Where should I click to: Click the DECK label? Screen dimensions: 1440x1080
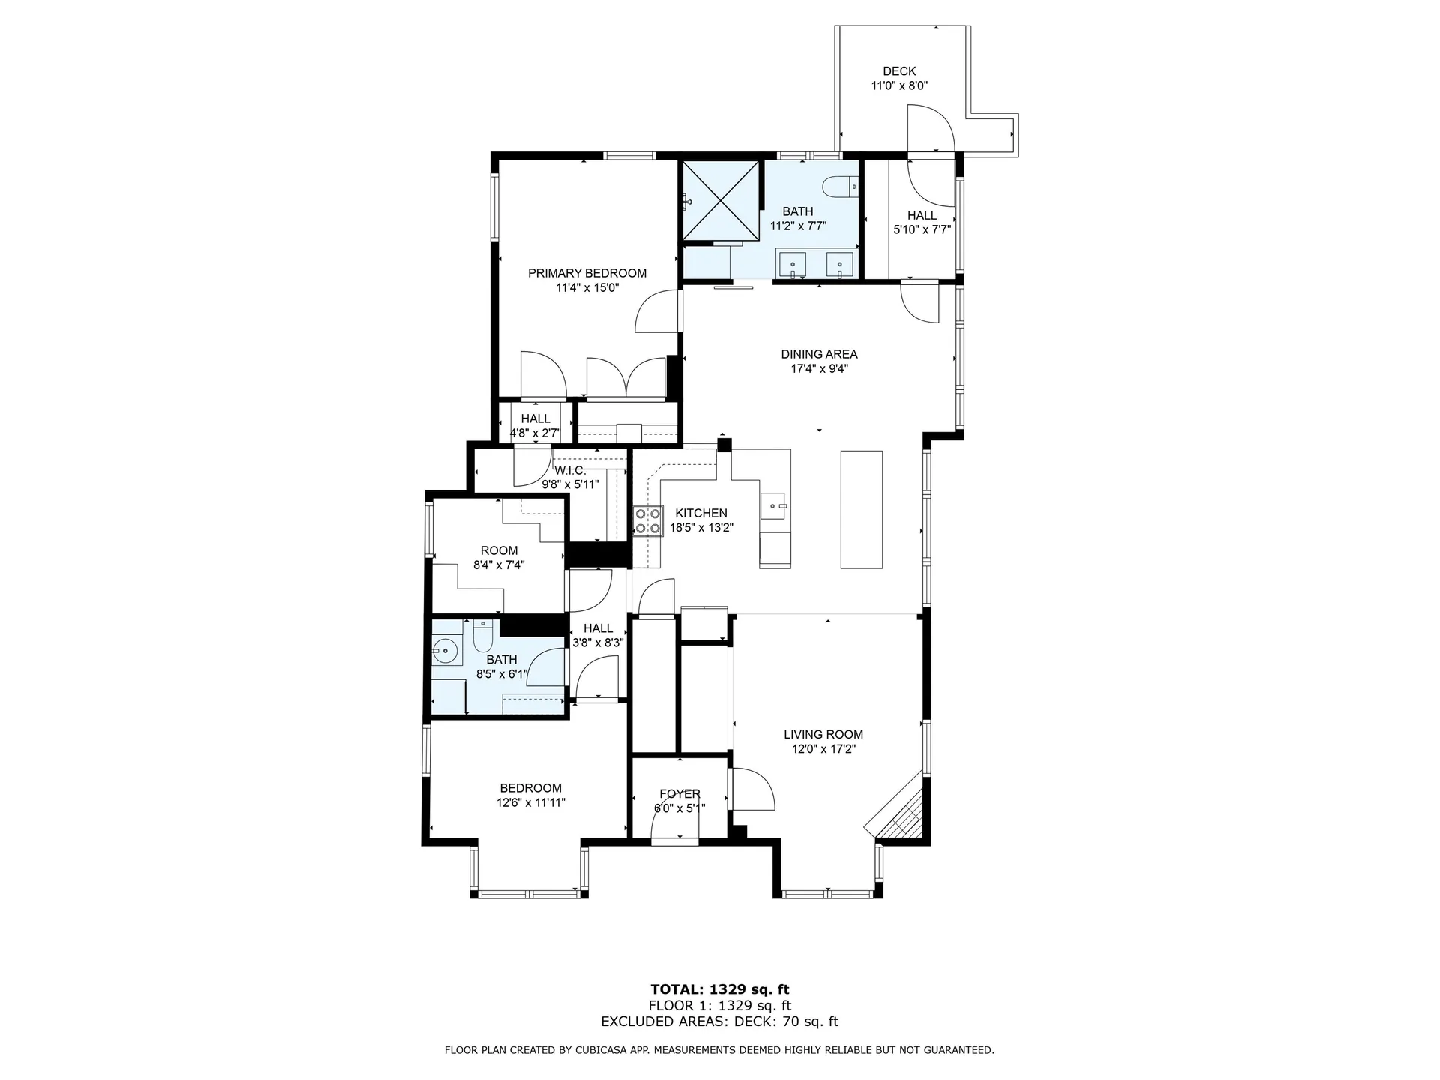[899, 71]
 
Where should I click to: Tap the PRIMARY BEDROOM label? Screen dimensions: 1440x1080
[587, 273]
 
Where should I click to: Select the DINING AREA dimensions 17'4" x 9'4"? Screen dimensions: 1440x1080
[819, 368]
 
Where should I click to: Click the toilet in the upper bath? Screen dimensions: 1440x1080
[840, 185]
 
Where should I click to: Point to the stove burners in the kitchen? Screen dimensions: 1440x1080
[648, 522]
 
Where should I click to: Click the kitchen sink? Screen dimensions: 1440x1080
[773, 506]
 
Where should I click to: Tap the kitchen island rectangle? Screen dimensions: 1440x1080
[861, 509]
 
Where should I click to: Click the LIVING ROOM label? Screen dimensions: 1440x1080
[823, 735]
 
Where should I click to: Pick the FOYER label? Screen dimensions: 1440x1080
[679, 794]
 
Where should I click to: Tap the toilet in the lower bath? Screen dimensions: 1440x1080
[482, 637]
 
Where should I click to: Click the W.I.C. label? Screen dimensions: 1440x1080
[570, 471]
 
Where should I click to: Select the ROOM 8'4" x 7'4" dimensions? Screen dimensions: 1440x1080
[499, 565]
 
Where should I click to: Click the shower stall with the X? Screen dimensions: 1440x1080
[718, 201]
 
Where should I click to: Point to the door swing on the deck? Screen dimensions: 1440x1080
[930, 128]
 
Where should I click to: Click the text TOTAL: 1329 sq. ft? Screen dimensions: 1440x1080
[720, 989]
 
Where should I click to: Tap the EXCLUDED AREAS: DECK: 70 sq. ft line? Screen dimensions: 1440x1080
[720, 1021]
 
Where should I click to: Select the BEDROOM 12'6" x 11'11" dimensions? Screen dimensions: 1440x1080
[531, 802]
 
